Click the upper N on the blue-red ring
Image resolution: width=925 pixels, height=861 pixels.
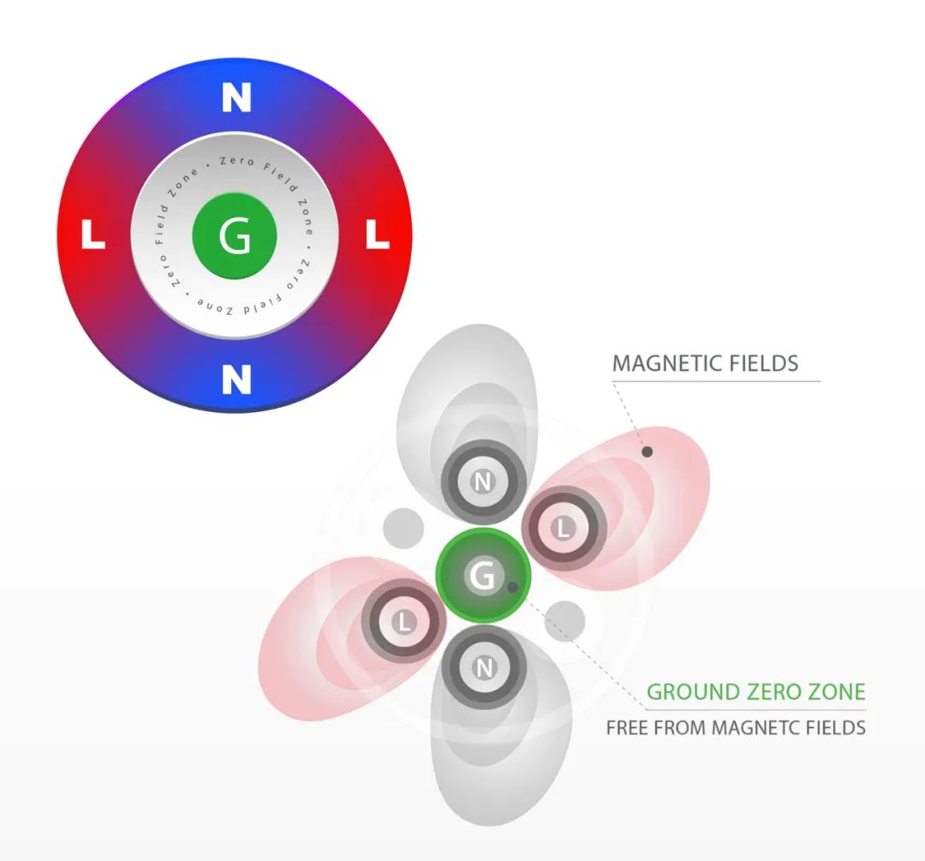(x=236, y=98)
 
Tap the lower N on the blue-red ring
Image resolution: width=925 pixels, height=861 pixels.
(x=236, y=379)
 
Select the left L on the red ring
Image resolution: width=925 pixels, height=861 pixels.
(x=92, y=234)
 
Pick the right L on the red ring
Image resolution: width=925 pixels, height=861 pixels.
(x=378, y=234)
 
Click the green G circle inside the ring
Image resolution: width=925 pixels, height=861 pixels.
(x=235, y=235)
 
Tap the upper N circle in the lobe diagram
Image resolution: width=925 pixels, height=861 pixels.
(x=483, y=481)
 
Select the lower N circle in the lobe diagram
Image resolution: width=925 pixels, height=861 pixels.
(x=484, y=667)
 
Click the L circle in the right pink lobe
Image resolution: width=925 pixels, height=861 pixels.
(x=564, y=528)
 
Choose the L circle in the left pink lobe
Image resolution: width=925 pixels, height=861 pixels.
(x=404, y=621)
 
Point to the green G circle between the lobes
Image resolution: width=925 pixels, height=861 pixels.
(x=483, y=575)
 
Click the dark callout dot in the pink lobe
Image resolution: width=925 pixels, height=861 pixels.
(x=647, y=451)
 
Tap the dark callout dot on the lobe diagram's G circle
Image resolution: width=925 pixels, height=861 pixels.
(x=513, y=587)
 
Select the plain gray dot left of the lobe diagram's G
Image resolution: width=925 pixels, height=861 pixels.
(x=403, y=529)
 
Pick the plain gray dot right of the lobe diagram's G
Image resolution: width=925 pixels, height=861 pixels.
(x=564, y=621)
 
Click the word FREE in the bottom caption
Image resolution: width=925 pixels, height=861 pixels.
(x=628, y=727)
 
